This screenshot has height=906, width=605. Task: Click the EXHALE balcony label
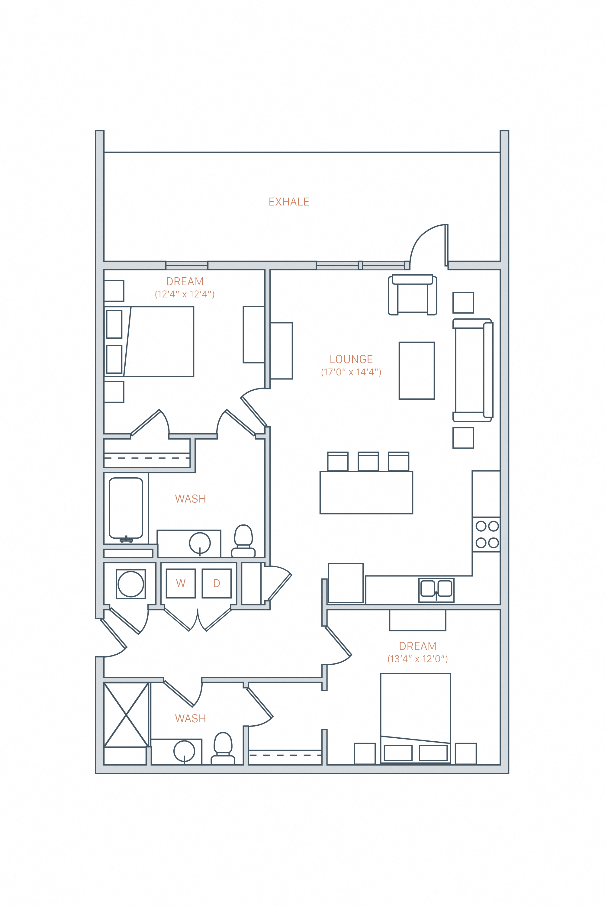coord(289,202)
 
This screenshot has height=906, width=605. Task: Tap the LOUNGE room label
coord(351,359)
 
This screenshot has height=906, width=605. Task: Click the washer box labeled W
coord(181,583)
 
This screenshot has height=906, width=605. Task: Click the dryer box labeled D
coord(217,583)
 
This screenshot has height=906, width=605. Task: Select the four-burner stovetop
coord(487,534)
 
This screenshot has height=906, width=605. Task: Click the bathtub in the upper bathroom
coord(126,508)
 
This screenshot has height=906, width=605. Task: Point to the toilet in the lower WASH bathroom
coord(223,749)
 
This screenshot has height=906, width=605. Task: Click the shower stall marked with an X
coord(126,714)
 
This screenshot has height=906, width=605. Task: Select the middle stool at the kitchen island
coord(368,462)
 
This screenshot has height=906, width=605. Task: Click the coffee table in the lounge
coord(417,370)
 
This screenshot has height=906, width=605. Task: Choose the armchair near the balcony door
coord(413,295)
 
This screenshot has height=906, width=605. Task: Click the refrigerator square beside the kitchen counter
coord(346,583)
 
